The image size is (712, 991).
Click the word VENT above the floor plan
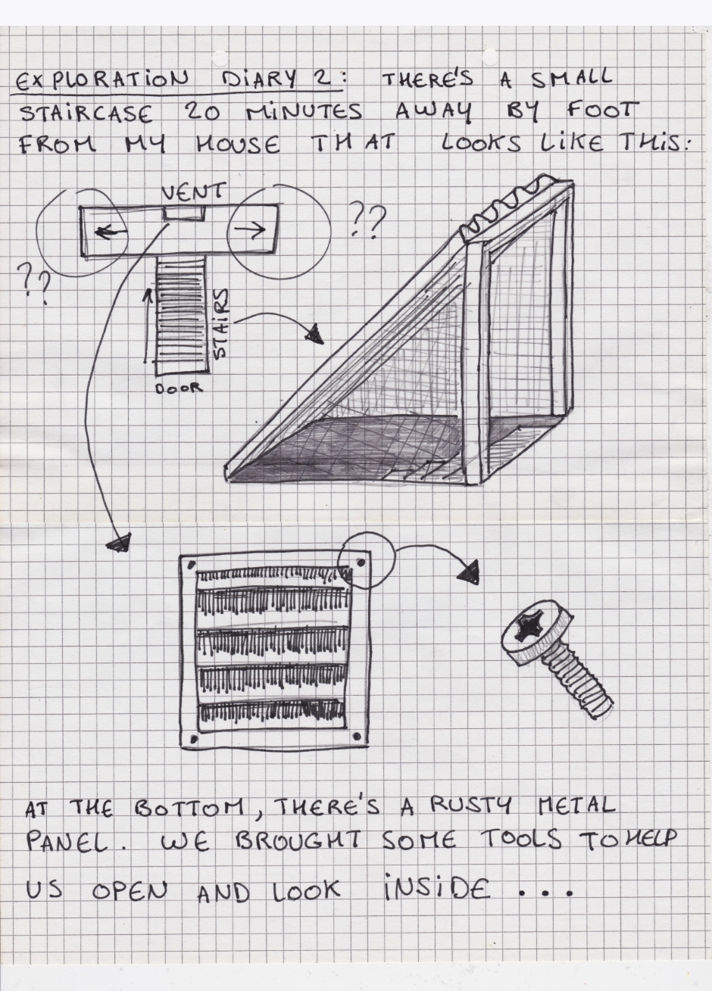pyautogui.click(x=193, y=192)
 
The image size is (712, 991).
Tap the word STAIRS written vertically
pyautogui.click(x=222, y=324)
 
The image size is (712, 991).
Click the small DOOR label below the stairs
pyautogui.click(x=180, y=388)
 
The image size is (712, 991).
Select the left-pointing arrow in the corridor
pyautogui.click(x=111, y=231)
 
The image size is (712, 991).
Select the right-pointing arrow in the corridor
pyautogui.click(x=251, y=229)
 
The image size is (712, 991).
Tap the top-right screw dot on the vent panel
pyautogui.click(x=361, y=563)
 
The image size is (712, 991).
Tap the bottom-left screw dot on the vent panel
pyautogui.click(x=193, y=738)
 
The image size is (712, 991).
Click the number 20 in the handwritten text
pyautogui.click(x=201, y=113)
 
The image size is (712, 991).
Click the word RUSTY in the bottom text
pyautogui.click(x=470, y=806)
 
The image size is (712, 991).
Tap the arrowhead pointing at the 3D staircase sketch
pyautogui.click(x=316, y=335)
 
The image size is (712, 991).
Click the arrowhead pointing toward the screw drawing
pyautogui.click(x=468, y=572)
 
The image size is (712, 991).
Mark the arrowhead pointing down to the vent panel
pyautogui.click(x=120, y=541)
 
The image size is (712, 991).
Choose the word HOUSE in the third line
pyautogui.click(x=238, y=145)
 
